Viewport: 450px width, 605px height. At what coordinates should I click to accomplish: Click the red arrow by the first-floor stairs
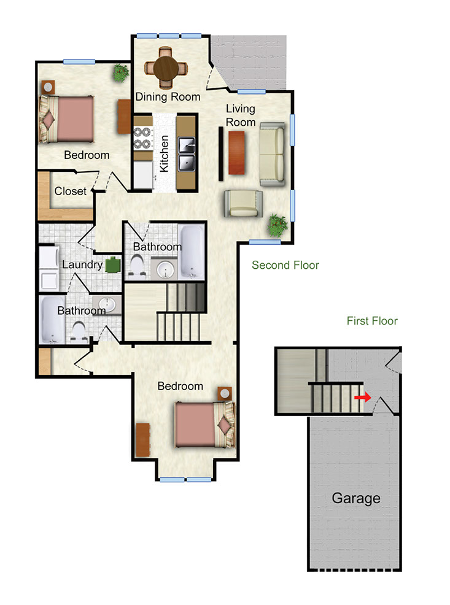click(363, 397)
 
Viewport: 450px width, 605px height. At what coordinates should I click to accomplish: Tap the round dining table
click(166, 69)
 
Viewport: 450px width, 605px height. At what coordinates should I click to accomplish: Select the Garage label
click(356, 498)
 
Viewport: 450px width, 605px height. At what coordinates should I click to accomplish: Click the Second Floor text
click(285, 265)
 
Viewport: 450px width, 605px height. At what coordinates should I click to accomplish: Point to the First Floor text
click(372, 321)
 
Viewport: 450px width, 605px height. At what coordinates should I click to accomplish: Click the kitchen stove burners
click(142, 138)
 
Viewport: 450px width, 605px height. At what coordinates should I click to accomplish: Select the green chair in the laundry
click(113, 265)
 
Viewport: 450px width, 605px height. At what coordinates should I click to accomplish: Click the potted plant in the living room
click(278, 225)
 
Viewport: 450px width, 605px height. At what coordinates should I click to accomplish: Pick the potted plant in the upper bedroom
click(121, 73)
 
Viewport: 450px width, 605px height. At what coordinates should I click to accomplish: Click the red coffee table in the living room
click(236, 153)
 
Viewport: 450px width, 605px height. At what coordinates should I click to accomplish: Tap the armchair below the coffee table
click(243, 203)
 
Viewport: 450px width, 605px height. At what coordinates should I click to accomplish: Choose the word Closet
click(70, 191)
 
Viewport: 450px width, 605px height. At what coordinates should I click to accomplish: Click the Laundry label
click(82, 264)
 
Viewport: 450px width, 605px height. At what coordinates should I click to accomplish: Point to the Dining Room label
click(168, 96)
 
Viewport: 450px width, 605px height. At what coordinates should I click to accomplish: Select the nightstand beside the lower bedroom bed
click(224, 393)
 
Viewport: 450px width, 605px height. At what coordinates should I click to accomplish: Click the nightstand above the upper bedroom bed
click(48, 87)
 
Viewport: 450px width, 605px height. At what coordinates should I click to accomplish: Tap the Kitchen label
click(164, 153)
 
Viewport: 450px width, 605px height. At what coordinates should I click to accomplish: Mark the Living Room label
click(241, 115)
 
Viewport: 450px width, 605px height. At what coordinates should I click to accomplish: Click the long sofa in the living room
click(272, 155)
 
